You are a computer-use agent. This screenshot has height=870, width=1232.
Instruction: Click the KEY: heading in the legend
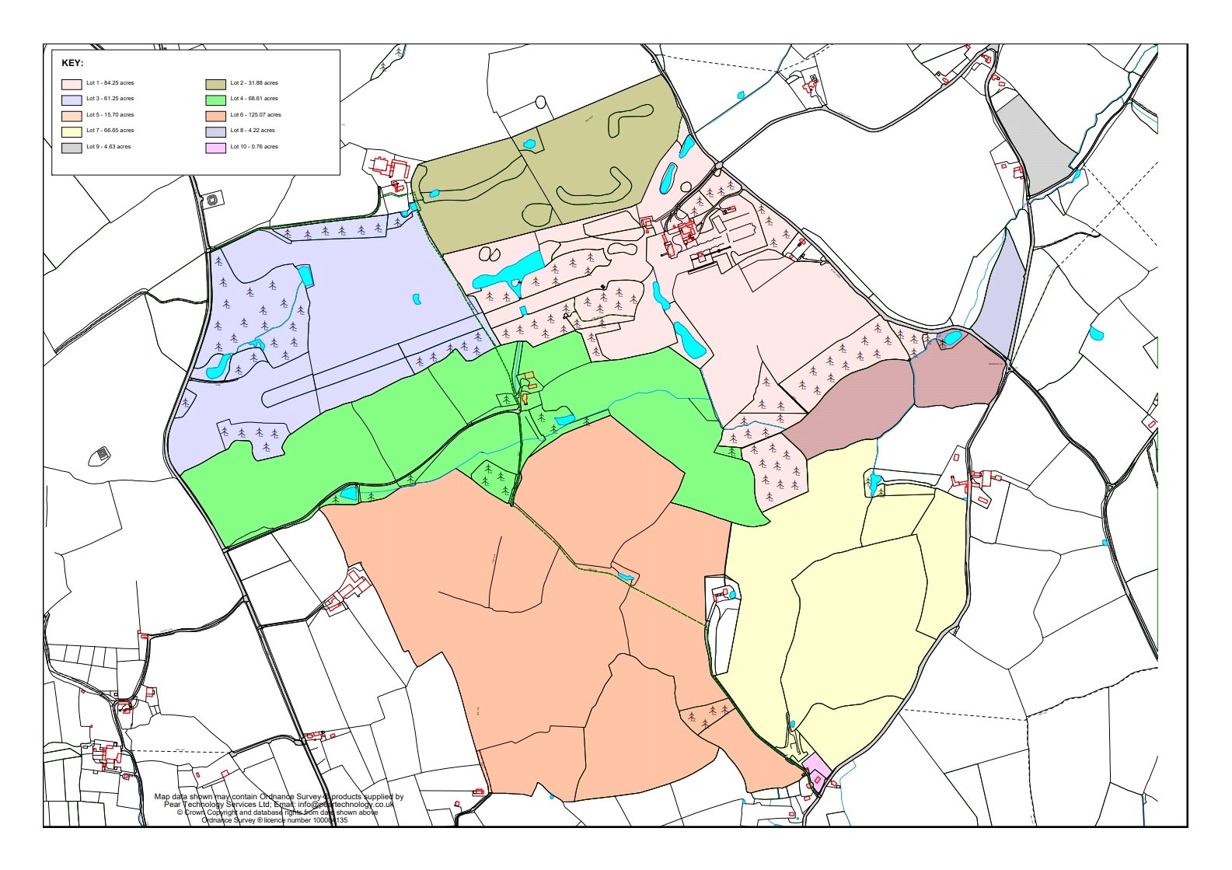point(72,63)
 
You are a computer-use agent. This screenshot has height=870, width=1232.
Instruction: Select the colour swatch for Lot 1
point(72,83)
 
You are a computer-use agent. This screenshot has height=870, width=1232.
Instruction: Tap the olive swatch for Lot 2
point(215,83)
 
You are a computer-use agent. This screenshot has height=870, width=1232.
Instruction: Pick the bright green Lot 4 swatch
point(215,100)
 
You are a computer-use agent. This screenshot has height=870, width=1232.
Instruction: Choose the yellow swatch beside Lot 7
point(72,131)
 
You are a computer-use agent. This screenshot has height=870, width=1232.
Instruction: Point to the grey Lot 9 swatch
point(72,147)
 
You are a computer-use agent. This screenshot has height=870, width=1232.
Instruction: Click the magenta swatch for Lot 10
point(215,147)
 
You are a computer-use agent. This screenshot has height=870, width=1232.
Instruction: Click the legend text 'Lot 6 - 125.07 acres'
point(256,115)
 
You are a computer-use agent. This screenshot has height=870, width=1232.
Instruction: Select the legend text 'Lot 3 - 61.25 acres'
point(110,99)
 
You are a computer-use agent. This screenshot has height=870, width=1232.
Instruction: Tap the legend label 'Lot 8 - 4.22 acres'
point(253,131)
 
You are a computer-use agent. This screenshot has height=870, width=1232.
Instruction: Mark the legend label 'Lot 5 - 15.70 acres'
point(110,115)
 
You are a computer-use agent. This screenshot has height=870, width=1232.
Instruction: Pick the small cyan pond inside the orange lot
point(624,576)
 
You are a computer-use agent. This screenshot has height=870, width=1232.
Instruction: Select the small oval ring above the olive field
point(540,101)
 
